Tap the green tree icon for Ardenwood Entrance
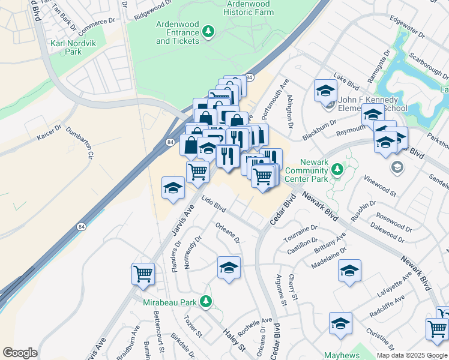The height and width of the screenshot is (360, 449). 208,31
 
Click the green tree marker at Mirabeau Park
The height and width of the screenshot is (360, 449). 206,301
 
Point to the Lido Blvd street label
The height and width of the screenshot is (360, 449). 214,205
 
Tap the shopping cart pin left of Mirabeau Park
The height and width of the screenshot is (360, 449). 143,274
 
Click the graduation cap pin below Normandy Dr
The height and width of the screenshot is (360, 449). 229,268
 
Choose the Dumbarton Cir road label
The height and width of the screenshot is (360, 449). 81,142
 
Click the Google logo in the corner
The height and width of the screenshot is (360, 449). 20,352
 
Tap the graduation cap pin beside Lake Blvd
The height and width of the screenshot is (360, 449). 325,91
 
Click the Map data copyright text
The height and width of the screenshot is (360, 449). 411,355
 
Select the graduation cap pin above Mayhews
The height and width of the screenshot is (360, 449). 340,324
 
